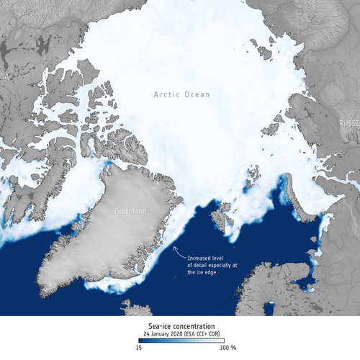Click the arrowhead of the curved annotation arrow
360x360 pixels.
[173, 246]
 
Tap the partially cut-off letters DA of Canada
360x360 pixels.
[5, 76]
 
